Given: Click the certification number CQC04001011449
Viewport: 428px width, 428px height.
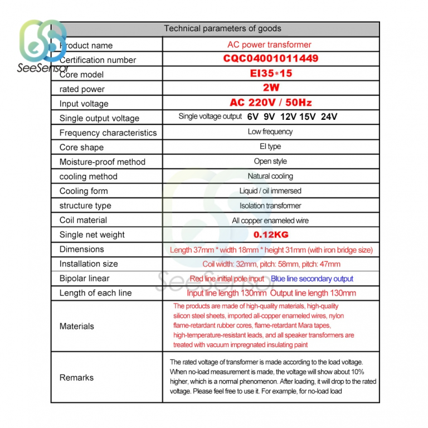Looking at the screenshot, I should [x=271, y=59].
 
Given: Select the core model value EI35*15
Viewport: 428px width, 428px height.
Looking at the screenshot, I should [x=271, y=73].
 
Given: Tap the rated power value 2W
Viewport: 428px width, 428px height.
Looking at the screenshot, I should [x=271, y=87].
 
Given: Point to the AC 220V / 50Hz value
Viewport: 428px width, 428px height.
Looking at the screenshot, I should [x=271, y=103].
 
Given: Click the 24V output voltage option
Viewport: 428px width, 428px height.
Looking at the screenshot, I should [x=329, y=117].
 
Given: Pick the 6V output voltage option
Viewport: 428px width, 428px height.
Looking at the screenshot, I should [x=253, y=117].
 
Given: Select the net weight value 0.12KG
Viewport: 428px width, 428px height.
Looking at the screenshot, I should [x=271, y=235].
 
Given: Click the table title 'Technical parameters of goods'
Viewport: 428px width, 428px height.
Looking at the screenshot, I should [x=222, y=28].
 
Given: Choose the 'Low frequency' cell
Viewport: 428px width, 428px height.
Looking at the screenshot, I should [x=270, y=132].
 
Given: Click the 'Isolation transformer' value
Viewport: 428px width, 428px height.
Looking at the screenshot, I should [x=270, y=206].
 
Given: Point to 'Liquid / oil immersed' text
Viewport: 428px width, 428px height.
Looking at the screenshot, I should [x=270, y=191].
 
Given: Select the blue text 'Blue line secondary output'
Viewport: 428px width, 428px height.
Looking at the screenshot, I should [x=312, y=279].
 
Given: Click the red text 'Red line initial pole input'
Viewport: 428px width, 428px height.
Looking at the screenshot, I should [x=227, y=279].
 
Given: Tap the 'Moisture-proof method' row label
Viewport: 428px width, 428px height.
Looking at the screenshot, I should [x=102, y=162].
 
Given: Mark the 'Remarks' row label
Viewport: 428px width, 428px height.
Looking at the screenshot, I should [x=76, y=378].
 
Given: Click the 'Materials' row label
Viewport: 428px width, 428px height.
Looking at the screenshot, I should [x=77, y=327].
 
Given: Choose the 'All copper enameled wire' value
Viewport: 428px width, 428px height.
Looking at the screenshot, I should [x=270, y=221].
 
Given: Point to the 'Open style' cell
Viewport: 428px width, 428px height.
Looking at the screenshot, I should [x=270, y=162].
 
